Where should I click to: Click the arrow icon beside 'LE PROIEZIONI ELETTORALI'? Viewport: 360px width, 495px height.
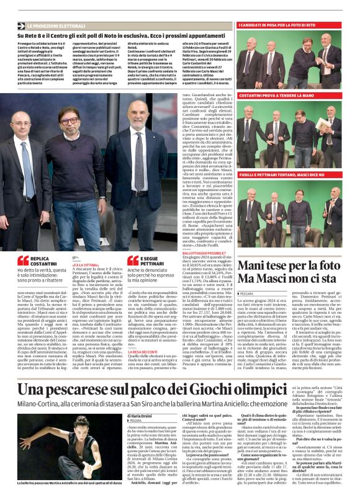[21, 26]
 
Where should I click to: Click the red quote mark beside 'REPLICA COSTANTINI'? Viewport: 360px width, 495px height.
[22, 261]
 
